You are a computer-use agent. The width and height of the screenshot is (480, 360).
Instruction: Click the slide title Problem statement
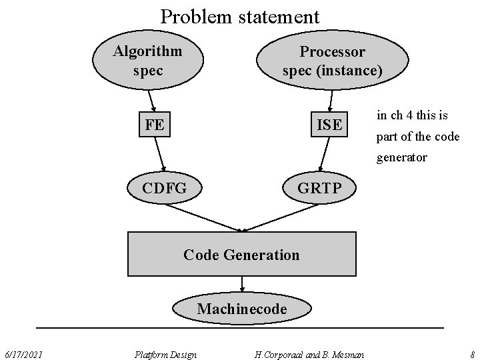click(240, 15)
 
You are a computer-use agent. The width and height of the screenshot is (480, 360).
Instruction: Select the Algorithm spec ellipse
click(147, 60)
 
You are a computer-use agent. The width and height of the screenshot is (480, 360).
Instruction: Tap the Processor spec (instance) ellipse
click(332, 61)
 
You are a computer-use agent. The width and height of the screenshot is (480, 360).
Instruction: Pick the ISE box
click(329, 125)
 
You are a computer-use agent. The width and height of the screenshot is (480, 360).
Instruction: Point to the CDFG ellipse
click(164, 189)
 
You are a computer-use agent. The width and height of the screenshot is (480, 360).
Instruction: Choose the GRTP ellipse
click(319, 189)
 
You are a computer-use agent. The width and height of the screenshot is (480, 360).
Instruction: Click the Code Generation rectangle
click(241, 254)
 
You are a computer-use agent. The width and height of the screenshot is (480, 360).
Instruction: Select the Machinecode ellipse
click(241, 309)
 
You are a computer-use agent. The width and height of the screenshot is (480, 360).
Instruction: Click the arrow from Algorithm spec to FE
click(151, 101)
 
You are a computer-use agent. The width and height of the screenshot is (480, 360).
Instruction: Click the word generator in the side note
click(402, 158)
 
